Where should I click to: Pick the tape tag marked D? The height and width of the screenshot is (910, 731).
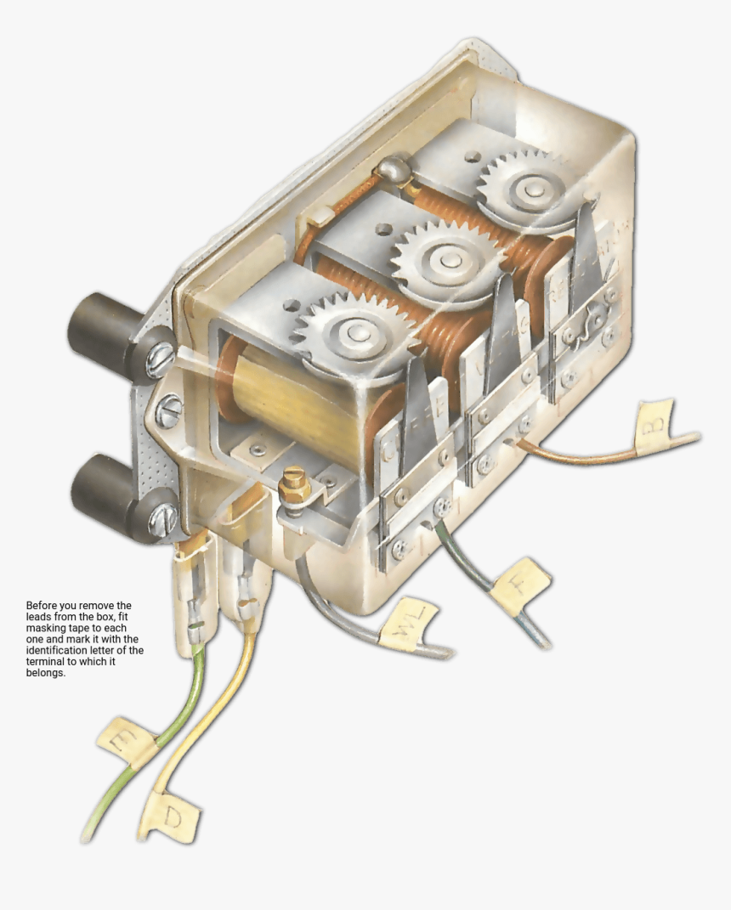[173, 817]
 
